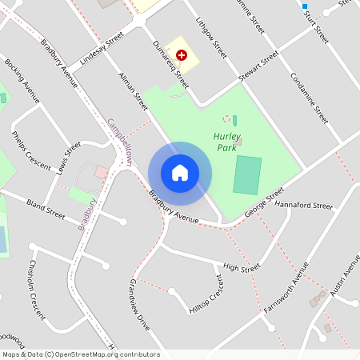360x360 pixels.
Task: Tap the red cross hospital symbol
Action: pos(182,54)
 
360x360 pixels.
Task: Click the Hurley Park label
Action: pos(227,142)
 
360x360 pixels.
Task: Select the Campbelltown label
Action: pos(120,142)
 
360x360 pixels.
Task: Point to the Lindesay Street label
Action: pos(102,50)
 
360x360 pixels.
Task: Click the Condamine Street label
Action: pos(309,94)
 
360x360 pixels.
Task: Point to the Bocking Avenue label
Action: pos(22,80)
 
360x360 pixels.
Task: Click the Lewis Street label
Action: pos(70,159)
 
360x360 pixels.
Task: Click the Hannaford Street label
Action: pos(303,206)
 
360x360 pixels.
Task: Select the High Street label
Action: pos(242,267)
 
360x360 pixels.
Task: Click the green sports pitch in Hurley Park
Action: pos(247,174)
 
